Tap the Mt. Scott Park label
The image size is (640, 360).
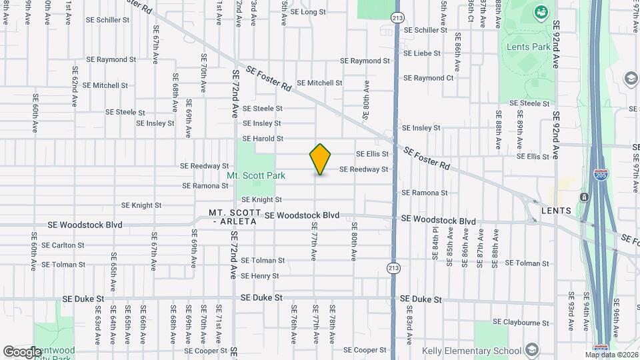point(256,175)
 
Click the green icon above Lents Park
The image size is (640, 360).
point(541,11)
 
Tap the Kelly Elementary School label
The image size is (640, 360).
point(471,351)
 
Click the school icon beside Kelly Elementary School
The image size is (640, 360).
point(531,349)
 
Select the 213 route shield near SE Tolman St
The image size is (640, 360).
point(394,267)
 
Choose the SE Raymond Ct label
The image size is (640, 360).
point(428,78)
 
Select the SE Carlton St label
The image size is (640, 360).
point(63,245)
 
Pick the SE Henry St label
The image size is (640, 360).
point(259,275)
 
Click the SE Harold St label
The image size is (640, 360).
point(263,139)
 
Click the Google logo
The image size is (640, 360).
point(22,351)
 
